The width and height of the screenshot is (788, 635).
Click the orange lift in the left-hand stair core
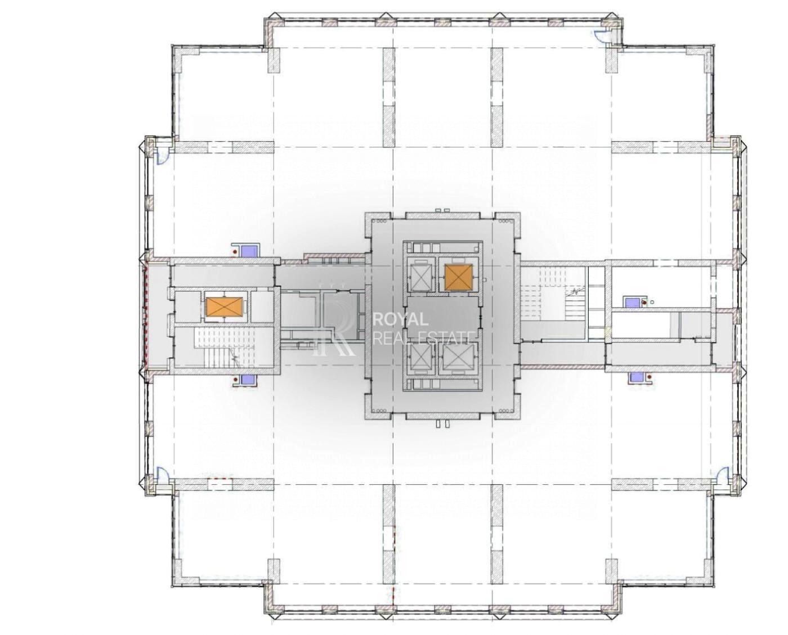click(x=223, y=307)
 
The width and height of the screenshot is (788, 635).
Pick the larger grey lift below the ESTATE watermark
click(x=458, y=357)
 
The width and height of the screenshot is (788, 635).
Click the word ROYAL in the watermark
click(x=400, y=320)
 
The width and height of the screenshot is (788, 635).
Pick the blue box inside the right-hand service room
click(x=631, y=303)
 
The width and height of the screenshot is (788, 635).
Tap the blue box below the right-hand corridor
click(x=637, y=377)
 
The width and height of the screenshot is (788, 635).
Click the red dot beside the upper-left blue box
click(x=235, y=251)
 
